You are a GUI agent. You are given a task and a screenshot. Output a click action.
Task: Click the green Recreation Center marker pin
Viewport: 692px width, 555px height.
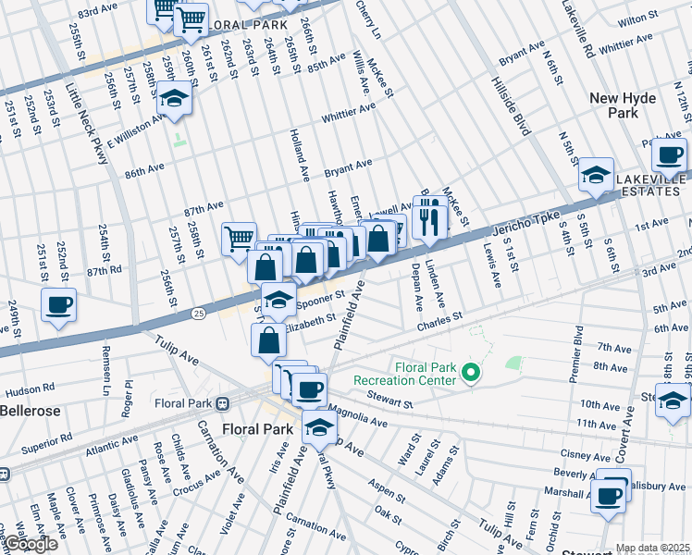(471, 373)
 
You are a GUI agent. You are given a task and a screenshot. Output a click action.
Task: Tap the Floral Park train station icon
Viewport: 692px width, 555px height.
(222, 403)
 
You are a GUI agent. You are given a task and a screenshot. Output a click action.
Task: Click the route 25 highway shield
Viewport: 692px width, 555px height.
(198, 314)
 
